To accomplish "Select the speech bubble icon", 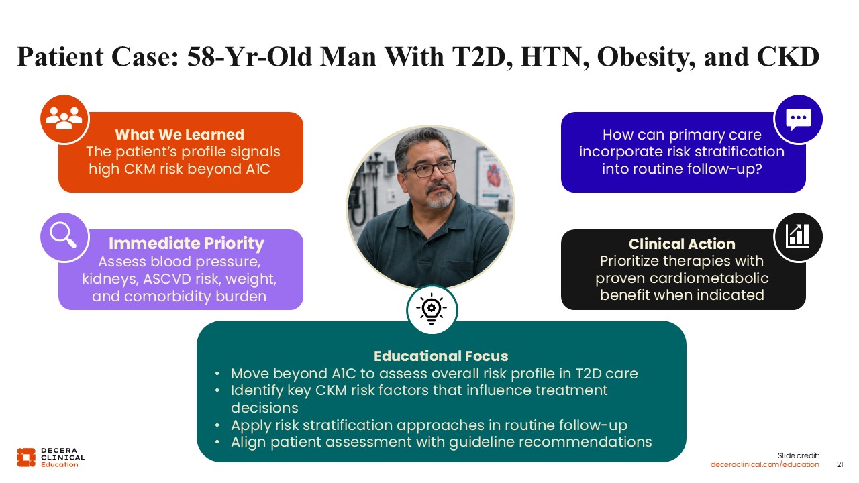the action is (x=799, y=119).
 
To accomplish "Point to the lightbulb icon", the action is (x=432, y=309).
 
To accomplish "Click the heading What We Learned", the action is (x=179, y=135).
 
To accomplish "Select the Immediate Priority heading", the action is (x=187, y=244).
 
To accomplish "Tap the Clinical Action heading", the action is (x=682, y=244).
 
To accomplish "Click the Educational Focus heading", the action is (x=441, y=356).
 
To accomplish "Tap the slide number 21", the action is (x=840, y=464).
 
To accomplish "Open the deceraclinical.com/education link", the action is (x=764, y=464).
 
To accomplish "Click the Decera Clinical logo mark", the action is (x=26, y=458).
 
